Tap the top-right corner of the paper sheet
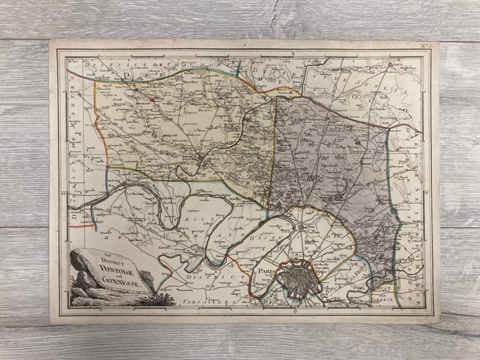(439, 42)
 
